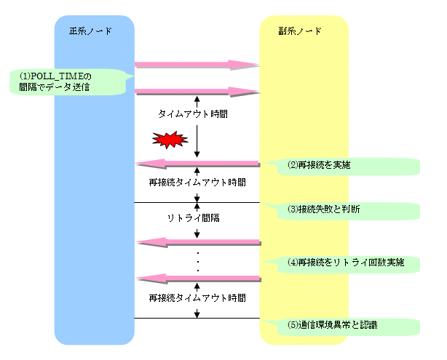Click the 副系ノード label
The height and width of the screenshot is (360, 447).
coord(299,32)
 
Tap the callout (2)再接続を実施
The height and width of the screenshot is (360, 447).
coord(342,165)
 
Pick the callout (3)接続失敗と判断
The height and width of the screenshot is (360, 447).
coord(342,209)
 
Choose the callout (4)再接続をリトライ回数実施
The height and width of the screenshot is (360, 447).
coord(342,261)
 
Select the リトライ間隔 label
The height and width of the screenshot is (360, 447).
coord(193,217)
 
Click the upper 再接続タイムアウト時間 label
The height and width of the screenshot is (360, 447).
coord(197,182)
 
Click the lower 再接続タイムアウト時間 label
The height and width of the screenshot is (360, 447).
coord(197,298)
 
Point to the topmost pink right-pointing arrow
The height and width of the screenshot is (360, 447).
coord(197,65)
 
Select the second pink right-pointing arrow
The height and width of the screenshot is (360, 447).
coord(197,91)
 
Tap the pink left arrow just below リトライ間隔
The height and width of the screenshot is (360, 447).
coord(197,241)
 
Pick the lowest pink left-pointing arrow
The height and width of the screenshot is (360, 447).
coord(197,277)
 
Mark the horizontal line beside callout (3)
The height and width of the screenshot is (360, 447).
coord(197,202)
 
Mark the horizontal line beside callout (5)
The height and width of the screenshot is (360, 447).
coord(197,318)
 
